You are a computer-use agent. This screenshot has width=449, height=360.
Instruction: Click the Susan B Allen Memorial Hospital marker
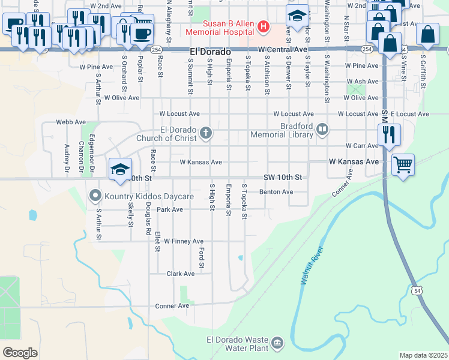263,26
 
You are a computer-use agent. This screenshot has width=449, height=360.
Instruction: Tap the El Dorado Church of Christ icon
206,133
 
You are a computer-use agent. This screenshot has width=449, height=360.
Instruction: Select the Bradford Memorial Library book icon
322,129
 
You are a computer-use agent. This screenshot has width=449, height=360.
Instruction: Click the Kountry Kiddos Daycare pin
95,196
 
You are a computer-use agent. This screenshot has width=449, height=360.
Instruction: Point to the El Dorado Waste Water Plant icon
277,343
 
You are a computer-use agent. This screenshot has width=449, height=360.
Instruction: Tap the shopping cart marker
403,163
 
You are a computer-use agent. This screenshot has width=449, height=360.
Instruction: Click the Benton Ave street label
276,192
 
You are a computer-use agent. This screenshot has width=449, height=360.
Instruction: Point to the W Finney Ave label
184,241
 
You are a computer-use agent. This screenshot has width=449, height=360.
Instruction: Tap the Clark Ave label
181,274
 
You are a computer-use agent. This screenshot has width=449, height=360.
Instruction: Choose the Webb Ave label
71,122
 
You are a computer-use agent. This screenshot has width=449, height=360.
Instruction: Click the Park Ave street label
169,210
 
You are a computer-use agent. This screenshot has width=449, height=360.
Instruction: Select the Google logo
20,353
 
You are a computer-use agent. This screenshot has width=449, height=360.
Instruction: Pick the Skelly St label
130,214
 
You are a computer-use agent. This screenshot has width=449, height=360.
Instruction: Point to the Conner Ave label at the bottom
172,306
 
